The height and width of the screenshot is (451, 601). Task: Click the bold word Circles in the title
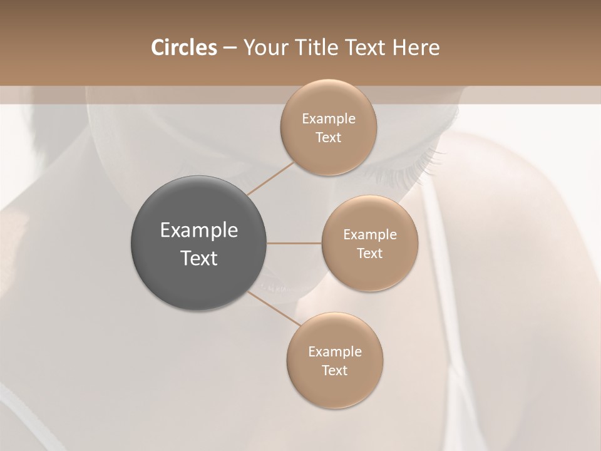[x=184, y=48]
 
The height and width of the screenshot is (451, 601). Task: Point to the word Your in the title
[x=264, y=48]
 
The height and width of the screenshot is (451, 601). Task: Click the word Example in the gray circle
[x=199, y=231]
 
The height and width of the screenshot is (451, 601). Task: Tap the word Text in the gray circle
[x=199, y=258]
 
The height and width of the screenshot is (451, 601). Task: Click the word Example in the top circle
[x=329, y=119]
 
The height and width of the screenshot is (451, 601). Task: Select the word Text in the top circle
[x=329, y=138]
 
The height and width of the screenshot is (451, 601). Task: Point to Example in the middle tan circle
[x=369, y=235]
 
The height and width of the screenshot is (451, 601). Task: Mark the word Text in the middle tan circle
[x=369, y=254]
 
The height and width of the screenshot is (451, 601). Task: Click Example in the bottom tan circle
[x=335, y=352]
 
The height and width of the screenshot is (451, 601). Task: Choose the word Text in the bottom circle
[x=335, y=371]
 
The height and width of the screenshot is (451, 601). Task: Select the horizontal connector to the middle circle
[x=294, y=243]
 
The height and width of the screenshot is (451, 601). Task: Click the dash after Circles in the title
[x=230, y=48]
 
